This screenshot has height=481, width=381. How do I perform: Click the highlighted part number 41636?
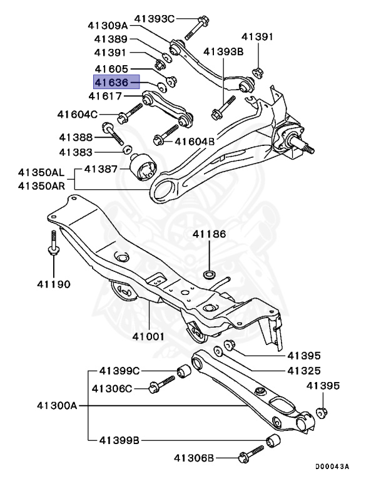click(x=111, y=82)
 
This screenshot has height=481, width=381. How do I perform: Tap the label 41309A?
click(x=108, y=26)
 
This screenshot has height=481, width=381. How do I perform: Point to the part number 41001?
click(x=148, y=336)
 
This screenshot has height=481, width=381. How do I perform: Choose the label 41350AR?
click(x=41, y=186)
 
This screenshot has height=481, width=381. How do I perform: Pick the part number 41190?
click(x=53, y=284)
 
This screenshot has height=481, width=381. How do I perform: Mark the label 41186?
click(x=209, y=234)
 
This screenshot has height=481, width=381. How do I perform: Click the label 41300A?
click(x=56, y=406)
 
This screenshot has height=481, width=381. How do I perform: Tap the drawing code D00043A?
click(x=332, y=467)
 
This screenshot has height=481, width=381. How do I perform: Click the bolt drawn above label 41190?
click(x=53, y=244)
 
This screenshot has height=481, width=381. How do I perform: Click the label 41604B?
click(x=196, y=142)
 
